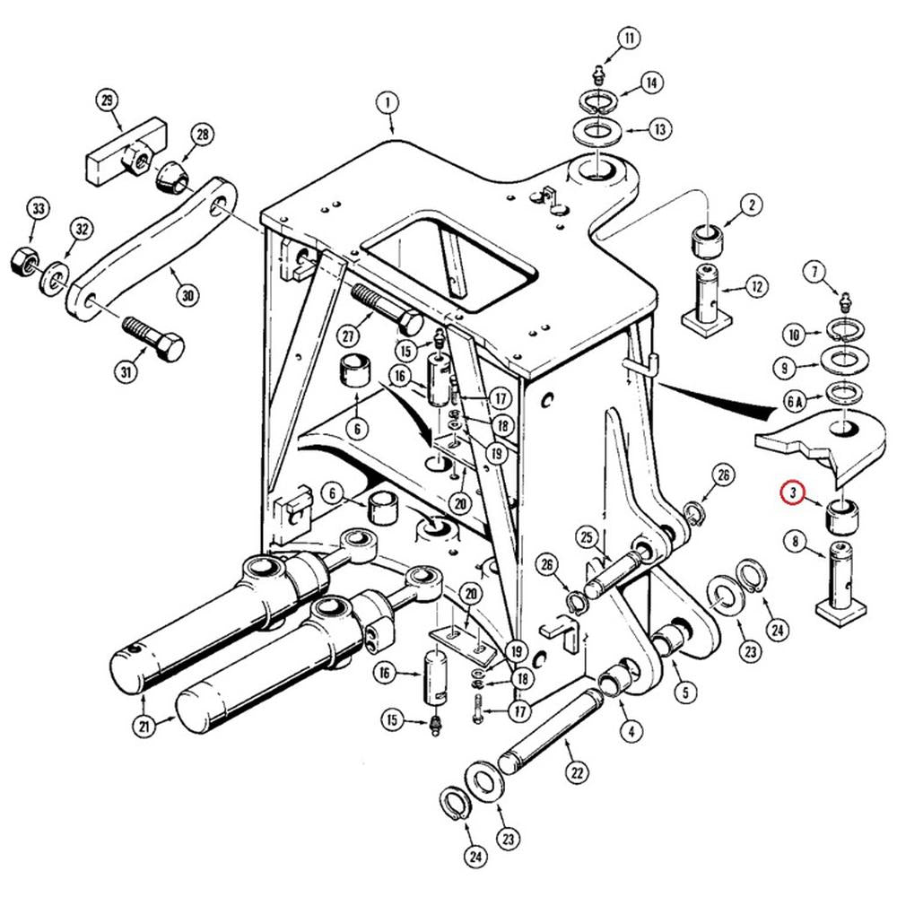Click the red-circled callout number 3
[792, 492]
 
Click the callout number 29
[108, 100]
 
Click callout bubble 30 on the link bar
[188, 294]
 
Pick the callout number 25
[587, 538]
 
